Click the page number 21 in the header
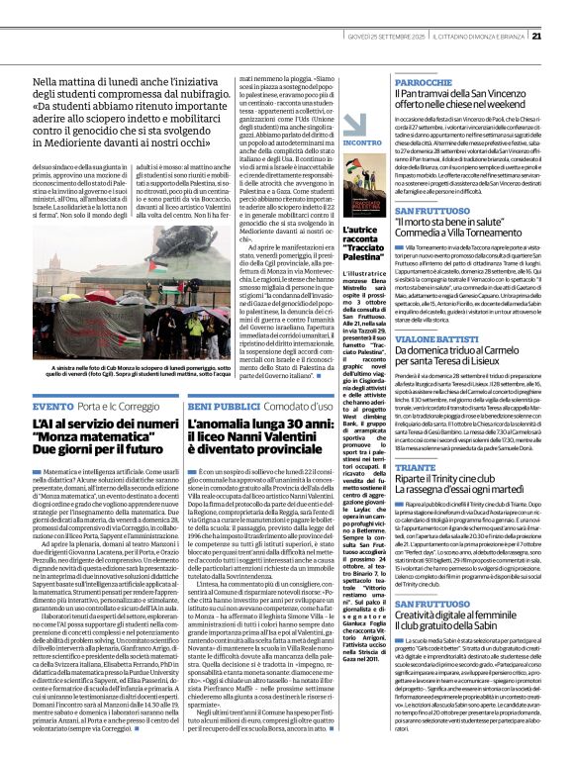click(563, 10)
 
